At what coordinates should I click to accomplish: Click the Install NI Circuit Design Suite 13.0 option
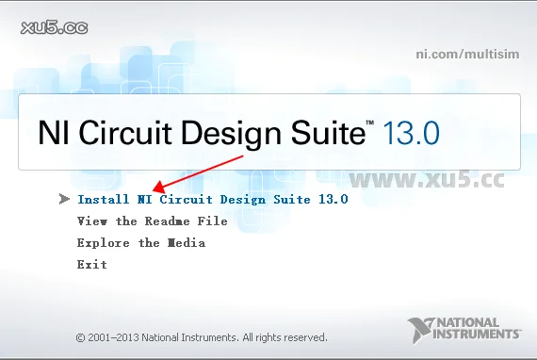tap(213, 200)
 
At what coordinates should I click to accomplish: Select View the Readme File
tap(152, 221)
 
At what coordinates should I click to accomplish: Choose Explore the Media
tap(140, 243)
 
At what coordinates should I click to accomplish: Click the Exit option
tap(91, 265)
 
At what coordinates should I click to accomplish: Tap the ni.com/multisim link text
tap(468, 53)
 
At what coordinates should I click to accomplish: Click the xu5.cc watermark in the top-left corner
tap(53, 27)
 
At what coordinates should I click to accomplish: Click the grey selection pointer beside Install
tap(64, 199)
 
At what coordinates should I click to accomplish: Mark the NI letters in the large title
tap(53, 132)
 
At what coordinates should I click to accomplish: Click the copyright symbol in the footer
tap(80, 336)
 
